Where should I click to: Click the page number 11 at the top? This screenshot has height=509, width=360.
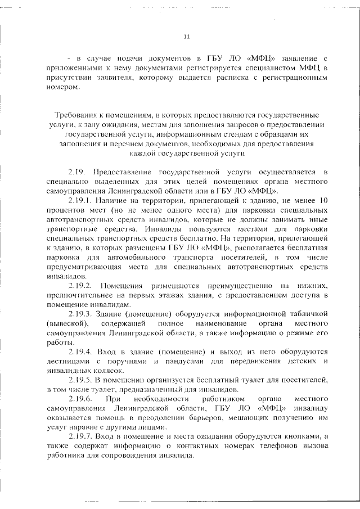(x=188, y=37)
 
